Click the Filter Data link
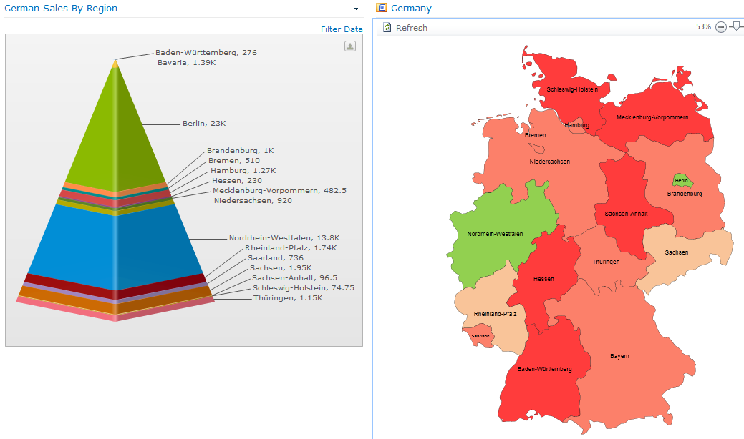click(x=342, y=29)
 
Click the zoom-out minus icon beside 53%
click(x=721, y=27)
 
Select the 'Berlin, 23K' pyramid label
click(x=204, y=124)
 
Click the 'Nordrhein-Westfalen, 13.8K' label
click(x=284, y=238)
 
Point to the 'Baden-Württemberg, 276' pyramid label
click(x=206, y=53)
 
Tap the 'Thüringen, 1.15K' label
click(x=287, y=298)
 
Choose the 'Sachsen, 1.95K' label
click(x=281, y=268)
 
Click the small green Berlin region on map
click(x=682, y=181)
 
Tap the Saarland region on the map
click(x=480, y=335)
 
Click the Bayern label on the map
click(x=619, y=356)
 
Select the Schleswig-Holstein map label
click(x=572, y=89)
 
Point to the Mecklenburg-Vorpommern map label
click(x=652, y=117)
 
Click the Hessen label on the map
click(x=543, y=279)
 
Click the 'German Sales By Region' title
click(x=61, y=9)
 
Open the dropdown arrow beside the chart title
click(x=356, y=9)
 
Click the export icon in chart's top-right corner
click(x=350, y=46)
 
